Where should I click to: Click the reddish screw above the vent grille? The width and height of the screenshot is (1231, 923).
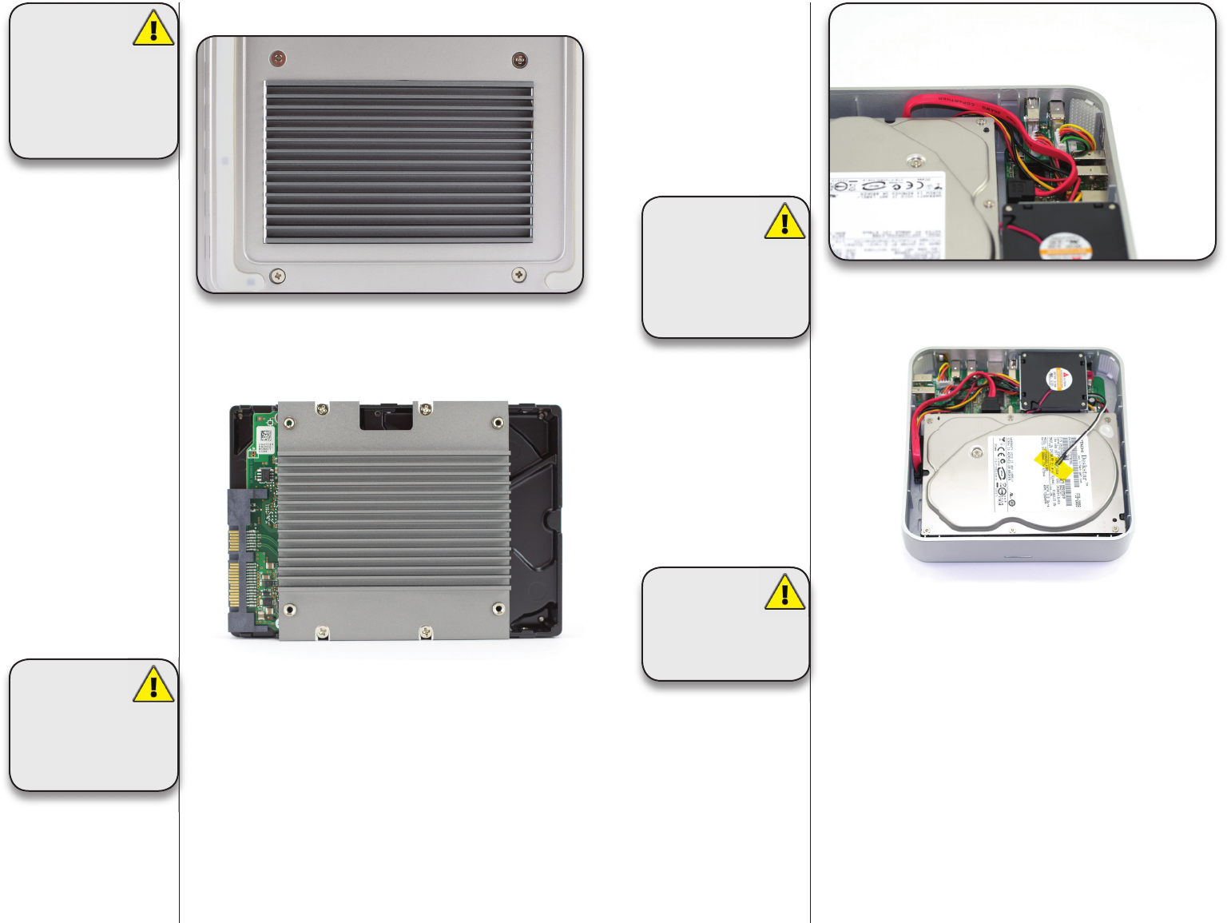point(278,58)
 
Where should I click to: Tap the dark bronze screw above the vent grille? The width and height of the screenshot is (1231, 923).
point(518,60)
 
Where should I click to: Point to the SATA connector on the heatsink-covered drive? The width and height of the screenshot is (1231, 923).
point(237,559)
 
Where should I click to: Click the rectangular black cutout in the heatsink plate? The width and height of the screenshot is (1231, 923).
point(386,416)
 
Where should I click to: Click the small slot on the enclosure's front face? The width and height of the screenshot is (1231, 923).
point(1016,556)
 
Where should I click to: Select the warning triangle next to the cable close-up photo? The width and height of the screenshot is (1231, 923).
point(784,221)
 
